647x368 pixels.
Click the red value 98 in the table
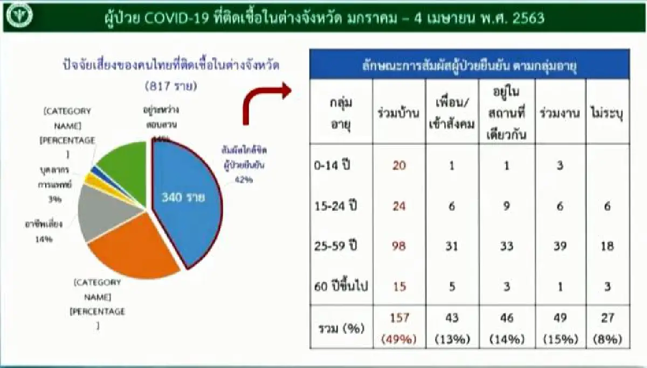tap(399, 246)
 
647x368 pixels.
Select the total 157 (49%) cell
tap(399, 328)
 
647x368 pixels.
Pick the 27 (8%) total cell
tap(607, 328)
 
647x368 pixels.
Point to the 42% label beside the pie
tap(243, 180)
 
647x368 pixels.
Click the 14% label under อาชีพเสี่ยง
tap(45, 240)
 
